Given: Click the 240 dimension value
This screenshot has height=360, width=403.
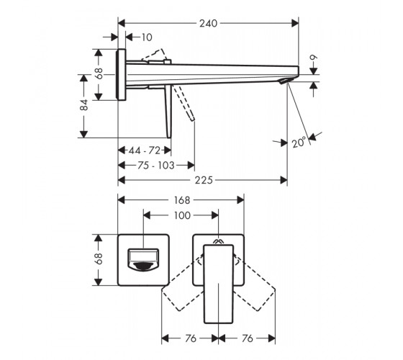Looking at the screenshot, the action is click(x=209, y=23).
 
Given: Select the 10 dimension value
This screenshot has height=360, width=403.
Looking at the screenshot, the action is click(x=147, y=37).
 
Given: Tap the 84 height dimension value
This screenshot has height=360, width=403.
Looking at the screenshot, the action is click(x=84, y=105).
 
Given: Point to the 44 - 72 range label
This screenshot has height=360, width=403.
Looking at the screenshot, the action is click(x=145, y=150).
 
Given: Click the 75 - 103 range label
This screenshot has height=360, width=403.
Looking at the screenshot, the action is click(x=155, y=166).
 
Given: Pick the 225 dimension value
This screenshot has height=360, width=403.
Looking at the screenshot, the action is click(x=204, y=180).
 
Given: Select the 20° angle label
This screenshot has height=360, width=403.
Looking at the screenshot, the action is click(x=299, y=143).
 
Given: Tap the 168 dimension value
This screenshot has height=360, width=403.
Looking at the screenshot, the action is click(x=182, y=200).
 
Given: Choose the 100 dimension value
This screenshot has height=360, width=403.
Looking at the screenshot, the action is click(x=182, y=215).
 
